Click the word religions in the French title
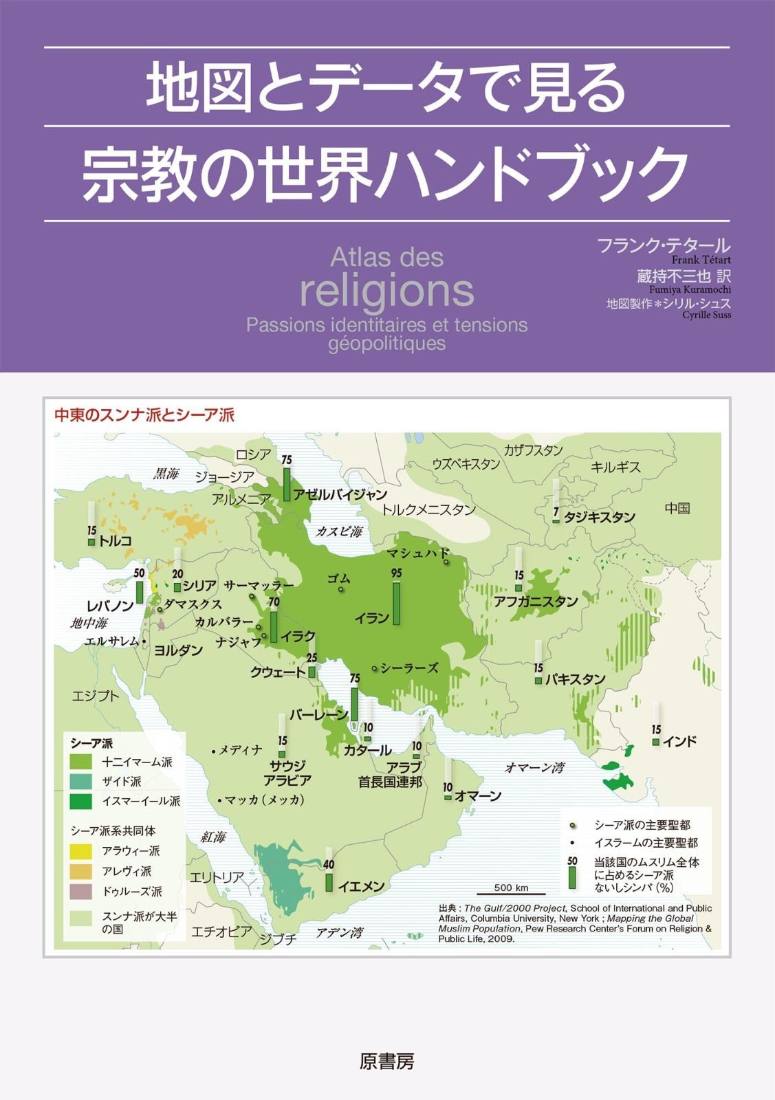pos(387,291)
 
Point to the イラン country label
pos(372,617)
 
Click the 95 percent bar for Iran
pos(396,603)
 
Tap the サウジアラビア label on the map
pos(287,773)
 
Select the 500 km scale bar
pos(511,892)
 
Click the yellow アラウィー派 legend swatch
pos(81,851)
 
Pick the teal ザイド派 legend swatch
pos(81,781)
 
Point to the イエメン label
pos(361,886)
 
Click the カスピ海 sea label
pos(338,531)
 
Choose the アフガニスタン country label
pos(536,602)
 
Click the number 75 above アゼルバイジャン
pos(287,459)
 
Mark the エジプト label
pos(96,696)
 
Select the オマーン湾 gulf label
pos(534,767)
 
